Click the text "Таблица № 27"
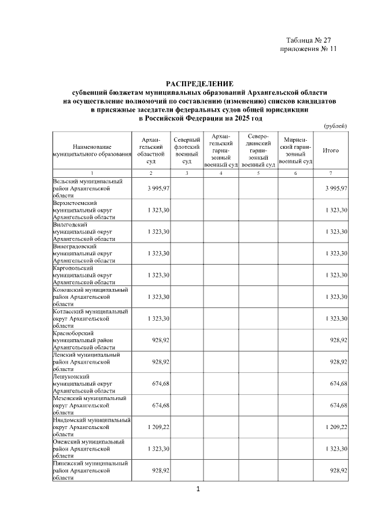(x=308, y=40)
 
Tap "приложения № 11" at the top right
(x=308, y=49)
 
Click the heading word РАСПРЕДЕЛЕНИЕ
(x=199, y=85)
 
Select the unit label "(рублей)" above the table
(x=335, y=126)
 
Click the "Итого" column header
(x=331, y=151)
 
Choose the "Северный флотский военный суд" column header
(x=187, y=151)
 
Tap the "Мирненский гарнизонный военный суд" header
(x=295, y=151)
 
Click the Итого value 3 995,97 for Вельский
(x=336, y=188)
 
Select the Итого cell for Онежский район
(x=336, y=449)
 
